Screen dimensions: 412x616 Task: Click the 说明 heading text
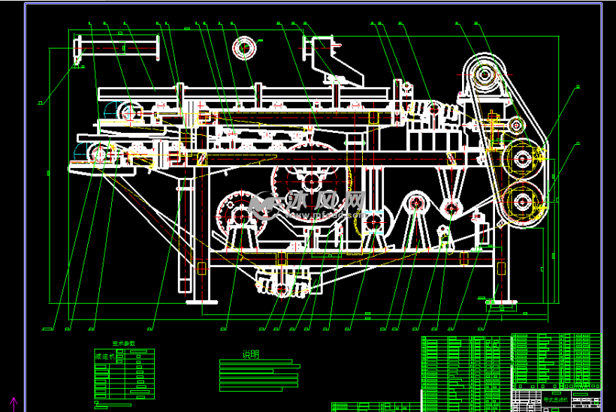pyautogui.click(x=250, y=354)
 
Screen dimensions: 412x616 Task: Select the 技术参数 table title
pyautogui.click(x=124, y=343)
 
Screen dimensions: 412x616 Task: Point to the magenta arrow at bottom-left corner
pyautogui.click(x=13, y=403)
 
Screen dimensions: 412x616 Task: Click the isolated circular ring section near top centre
pyautogui.click(x=244, y=50)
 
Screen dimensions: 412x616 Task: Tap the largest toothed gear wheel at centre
pyautogui.click(x=310, y=178)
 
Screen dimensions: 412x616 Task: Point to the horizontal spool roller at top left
pyautogui.click(x=118, y=48)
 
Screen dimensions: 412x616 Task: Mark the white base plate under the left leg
pyautogui.click(x=201, y=301)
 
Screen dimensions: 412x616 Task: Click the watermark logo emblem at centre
pyautogui.click(x=264, y=203)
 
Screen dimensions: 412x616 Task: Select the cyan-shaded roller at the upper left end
pyautogui.click(x=129, y=112)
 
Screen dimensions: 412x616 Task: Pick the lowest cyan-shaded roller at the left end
pyautogui.click(x=98, y=153)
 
